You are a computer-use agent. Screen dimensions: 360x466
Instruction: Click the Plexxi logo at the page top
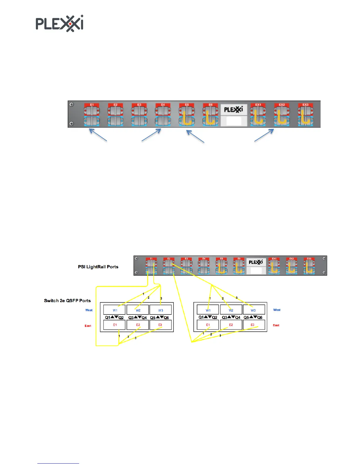coord(59,24)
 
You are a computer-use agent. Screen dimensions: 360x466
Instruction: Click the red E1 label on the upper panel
coord(92,105)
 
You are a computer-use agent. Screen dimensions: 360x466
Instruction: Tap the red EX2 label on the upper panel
coord(282,105)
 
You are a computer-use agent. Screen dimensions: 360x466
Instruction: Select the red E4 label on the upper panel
coord(163,105)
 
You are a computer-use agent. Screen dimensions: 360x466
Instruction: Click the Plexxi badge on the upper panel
coord(234,110)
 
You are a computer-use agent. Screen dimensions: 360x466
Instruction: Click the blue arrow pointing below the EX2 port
coord(264,136)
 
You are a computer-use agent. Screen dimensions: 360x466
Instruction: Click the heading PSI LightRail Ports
coord(98,267)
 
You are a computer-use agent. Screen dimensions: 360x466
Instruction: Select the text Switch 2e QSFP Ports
coord(67,301)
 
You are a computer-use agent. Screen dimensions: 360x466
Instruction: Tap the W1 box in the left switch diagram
coord(115,310)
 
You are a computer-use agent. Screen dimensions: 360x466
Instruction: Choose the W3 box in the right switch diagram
coord(253,310)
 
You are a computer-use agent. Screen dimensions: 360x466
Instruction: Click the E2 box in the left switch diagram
coord(138,325)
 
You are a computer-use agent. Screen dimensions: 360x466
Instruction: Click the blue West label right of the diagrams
coord(277,310)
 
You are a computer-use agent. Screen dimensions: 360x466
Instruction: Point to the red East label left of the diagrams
coord(88,326)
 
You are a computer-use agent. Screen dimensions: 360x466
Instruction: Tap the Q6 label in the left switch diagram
coord(166,318)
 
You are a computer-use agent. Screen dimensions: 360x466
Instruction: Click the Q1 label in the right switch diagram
coord(201,317)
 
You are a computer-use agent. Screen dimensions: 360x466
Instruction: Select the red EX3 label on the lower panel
coord(309,259)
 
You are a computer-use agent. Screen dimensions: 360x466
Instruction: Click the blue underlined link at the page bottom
coord(58,463)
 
